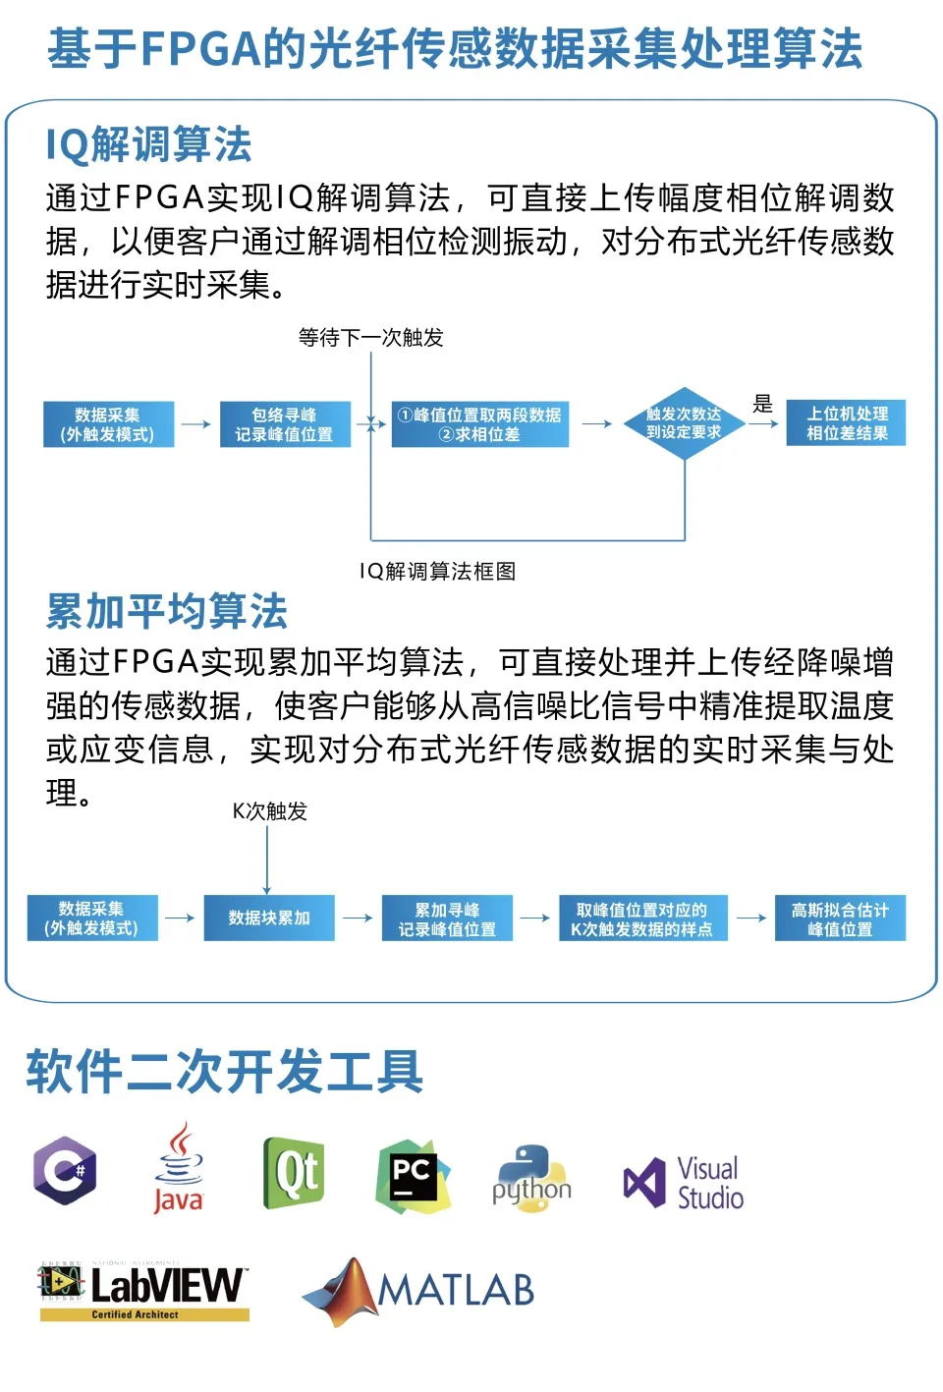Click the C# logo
tap(66, 1170)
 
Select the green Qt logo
tap(294, 1172)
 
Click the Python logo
tap(531, 1179)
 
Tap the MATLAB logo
tap(419, 1291)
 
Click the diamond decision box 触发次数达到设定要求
tap(684, 423)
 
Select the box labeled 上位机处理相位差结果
tap(846, 423)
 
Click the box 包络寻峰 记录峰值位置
tap(285, 424)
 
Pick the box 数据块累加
tap(269, 918)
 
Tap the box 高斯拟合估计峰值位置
tap(840, 919)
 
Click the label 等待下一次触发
tap(371, 338)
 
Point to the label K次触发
tap(270, 811)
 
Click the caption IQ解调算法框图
tap(437, 572)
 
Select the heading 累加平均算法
tap(167, 611)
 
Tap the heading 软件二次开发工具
tap(225, 1071)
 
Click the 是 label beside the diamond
tap(763, 403)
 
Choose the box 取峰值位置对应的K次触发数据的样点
tap(642, 919)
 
